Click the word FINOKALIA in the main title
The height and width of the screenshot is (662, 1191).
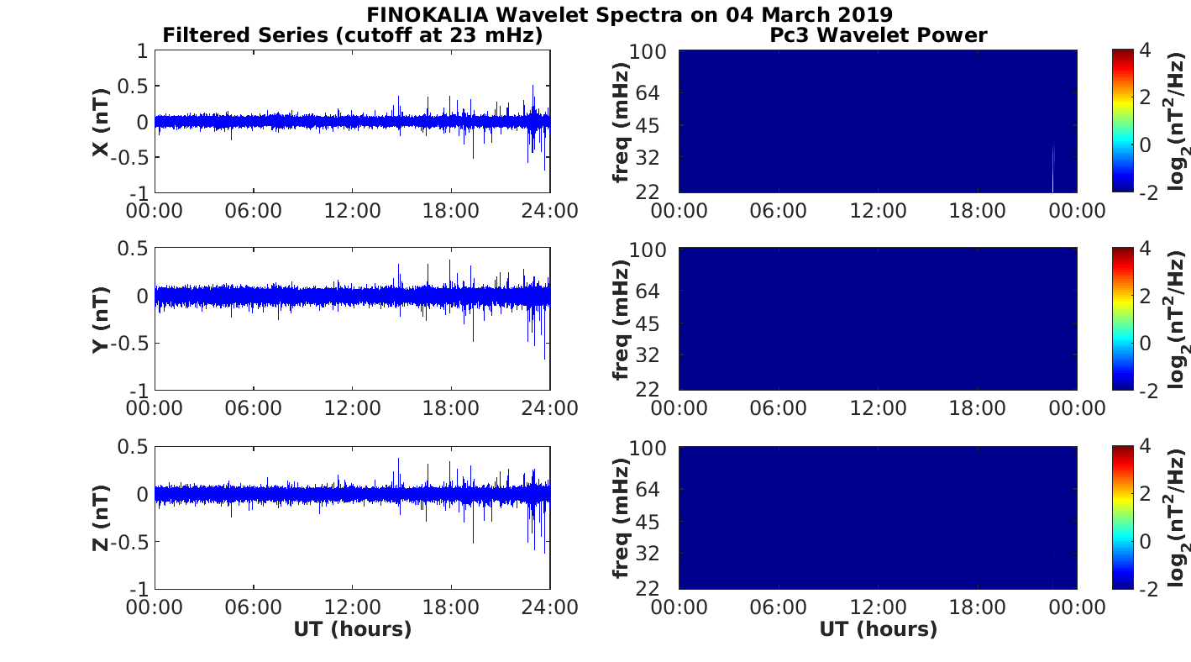(x=427, y=14)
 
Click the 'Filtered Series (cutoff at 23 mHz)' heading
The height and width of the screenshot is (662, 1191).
(x=353, y=35)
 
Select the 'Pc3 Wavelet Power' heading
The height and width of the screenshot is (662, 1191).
(x=879, y=35)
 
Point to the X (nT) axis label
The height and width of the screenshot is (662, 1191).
(x=101, y=123)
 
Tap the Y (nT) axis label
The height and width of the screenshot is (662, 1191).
(x=101, y=320)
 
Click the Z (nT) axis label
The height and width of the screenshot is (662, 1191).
(x=101, y=518)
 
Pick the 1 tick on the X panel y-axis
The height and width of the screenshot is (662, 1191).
(x=142, y=51)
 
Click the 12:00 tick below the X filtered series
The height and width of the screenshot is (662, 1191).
(x=353, y=211)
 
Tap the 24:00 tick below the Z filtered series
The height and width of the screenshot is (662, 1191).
(x=550, y=607)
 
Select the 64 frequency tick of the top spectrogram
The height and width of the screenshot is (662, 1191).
(x=648, y=93)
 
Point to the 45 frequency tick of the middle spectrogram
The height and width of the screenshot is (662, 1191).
(x=648, y=323)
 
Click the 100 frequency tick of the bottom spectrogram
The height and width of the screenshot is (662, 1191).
(x=648, y=449)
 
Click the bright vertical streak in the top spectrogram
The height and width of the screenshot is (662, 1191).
(x=1053, y=167)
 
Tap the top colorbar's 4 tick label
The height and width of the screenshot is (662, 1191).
(x=1146, y=51)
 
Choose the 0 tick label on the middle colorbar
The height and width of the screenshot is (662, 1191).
(x=1146, y=343)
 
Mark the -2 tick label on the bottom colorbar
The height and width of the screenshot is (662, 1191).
(x=1148, y=589)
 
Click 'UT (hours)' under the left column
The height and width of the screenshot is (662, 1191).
(x=353, y=629)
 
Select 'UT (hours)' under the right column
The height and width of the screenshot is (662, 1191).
(x=879, y=629)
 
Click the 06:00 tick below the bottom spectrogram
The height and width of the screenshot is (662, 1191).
(x=779, y=607)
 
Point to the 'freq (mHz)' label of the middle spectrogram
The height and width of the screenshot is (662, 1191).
(x=621, y=320)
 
